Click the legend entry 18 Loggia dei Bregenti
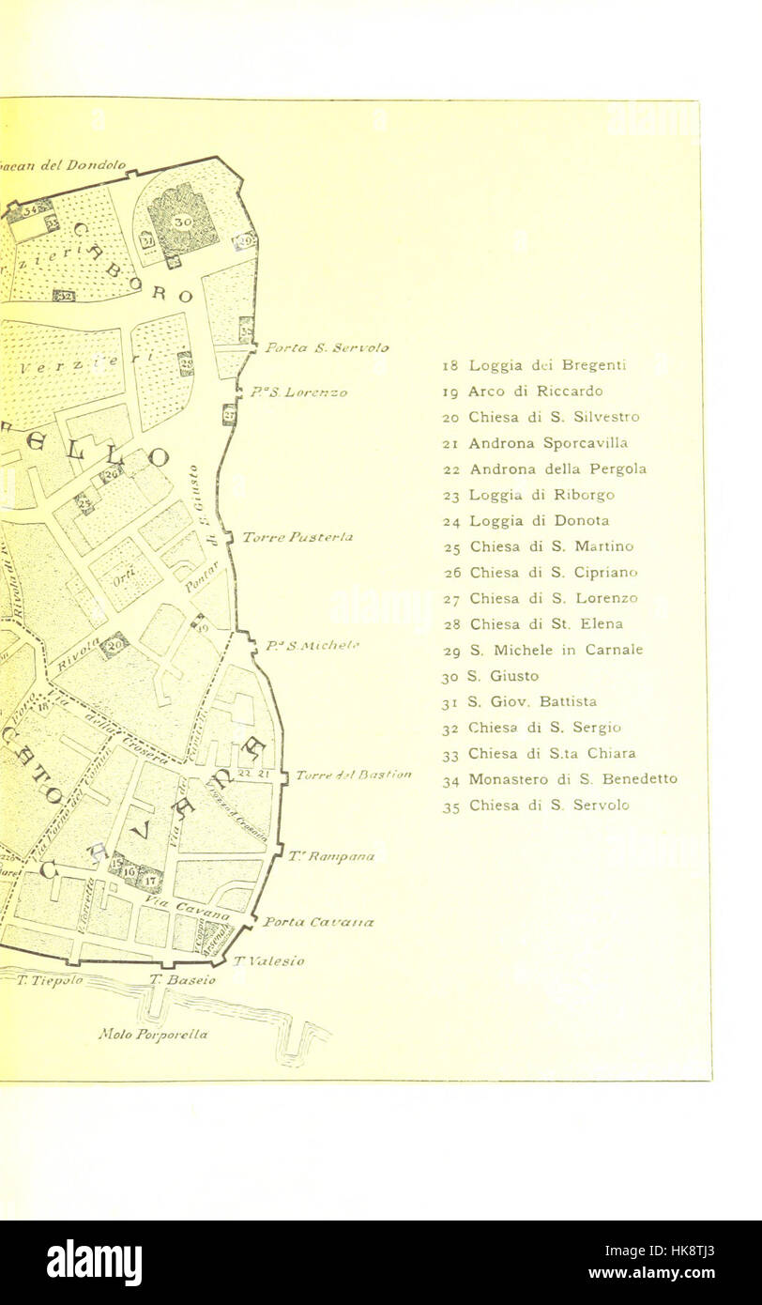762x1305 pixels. point(534,365)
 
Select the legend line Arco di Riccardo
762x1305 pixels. point(522,391)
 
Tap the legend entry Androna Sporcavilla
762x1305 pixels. point(535,442)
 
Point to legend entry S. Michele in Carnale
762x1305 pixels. point(542,649)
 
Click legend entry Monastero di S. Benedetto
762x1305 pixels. point(559,778)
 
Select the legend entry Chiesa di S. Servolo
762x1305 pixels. point(536,805)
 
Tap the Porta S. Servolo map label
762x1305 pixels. point(327,347)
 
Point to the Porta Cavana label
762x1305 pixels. point(318,922)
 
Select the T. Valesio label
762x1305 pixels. point(268,960)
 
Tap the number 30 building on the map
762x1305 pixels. point(182,221)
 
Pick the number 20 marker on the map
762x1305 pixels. point(114,644)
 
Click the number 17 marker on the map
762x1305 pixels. point(149,880)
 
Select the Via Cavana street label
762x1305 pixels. point(187,906)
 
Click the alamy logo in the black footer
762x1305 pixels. point(94,1263)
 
